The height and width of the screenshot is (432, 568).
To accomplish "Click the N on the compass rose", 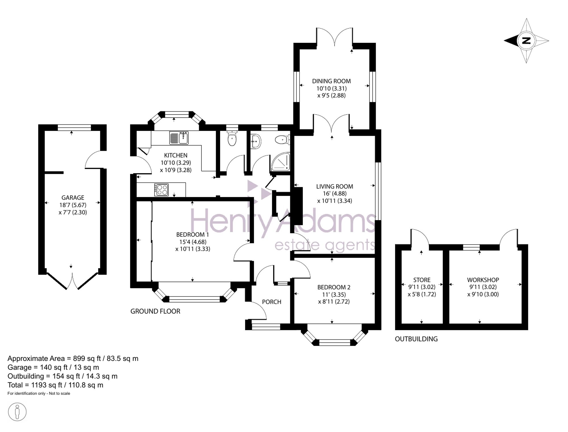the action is (x=526, y=41).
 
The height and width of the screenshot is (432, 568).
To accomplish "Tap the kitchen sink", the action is (x=179, y=138).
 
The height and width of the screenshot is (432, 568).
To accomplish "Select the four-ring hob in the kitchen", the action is (x=162, y=190).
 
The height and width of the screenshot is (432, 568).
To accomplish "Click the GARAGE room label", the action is (x=73, y=197).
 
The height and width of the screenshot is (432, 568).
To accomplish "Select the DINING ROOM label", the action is (x=331, y=81).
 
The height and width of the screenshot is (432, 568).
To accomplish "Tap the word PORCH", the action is (x=272, y=302).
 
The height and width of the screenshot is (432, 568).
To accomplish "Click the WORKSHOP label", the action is (x=483, y=280).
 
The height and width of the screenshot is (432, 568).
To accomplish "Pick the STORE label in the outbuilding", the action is (x=422, y=280).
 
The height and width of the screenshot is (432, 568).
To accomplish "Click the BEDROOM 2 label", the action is (x=334, y=287).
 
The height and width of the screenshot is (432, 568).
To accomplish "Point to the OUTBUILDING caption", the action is (x=416, y=339).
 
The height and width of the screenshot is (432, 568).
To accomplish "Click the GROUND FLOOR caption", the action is (x=155, y=311).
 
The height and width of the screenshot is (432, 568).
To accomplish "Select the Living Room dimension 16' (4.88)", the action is (x=335, y=193).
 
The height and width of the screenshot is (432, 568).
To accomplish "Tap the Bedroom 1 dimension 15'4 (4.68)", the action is (x=193, y=242).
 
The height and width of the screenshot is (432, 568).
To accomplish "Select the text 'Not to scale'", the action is (x=59, y=393).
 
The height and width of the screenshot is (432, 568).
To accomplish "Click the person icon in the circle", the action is (x=17, y=412).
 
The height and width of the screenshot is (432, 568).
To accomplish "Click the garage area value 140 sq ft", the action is (x=54, y=367).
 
